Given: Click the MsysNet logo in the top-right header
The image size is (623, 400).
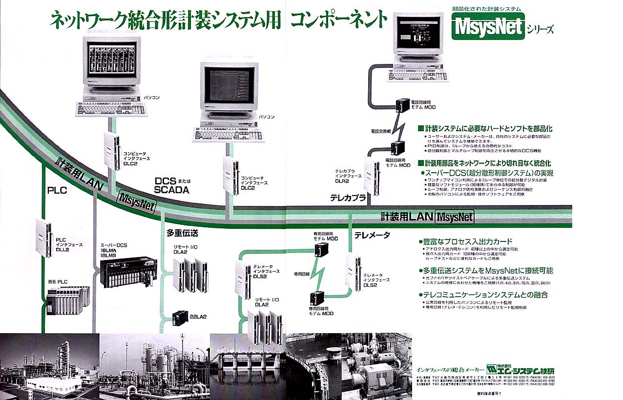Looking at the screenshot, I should pyautogui.click(x=488, y=26).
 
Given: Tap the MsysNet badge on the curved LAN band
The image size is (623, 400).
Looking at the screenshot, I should pyautogui.click(x=136, y=202).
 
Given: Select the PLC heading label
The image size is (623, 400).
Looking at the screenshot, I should pyautogui.click(x=57, y=191).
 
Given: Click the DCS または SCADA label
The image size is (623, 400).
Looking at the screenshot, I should pyautogui.click(x=171, y=186).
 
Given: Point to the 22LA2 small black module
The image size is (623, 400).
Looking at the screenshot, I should pyautogui.click(x=183, y=317).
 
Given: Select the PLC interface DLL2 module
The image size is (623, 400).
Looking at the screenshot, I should pyautogui.click(x=43, y=238).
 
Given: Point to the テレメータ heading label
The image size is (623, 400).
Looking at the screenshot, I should pyautogui.click(x=372, y=235).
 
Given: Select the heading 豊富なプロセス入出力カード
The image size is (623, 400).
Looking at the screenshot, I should pyautogui.click(x=468, y=241).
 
